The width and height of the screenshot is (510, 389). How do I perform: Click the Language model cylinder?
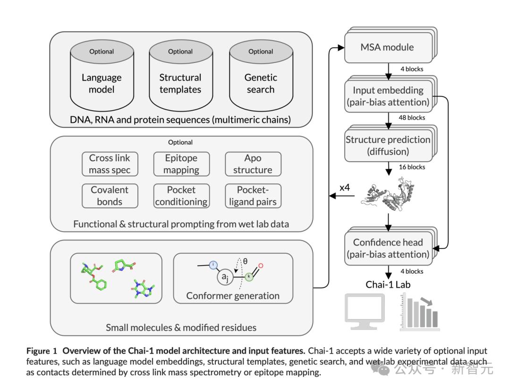click(x=102, y=78)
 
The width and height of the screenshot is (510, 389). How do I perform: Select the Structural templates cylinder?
click(x=180, y=78)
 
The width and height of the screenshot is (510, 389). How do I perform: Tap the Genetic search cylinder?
click(x=261, y=78)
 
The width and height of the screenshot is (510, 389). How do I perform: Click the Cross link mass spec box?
click(x=110, y=164)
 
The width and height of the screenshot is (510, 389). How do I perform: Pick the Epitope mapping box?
click(x=181, y=164)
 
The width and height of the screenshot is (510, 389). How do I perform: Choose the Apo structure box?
click(x=253, y=164)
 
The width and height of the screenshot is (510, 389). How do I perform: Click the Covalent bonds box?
click(x=110, y=196)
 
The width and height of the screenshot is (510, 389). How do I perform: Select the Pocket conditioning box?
click(x=181, y=196)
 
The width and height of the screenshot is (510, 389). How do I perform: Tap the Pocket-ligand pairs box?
click(x=253, y=196)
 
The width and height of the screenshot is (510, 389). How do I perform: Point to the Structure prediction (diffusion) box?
click(x=388, y=146)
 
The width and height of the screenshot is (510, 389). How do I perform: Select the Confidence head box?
click(x=388, y=248)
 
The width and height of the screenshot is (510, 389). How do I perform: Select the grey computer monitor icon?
click(x=365, y=310)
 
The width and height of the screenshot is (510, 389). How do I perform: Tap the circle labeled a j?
click(x=225, y=277)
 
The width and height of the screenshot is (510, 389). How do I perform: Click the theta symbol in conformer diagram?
click(x=245, y=260)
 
